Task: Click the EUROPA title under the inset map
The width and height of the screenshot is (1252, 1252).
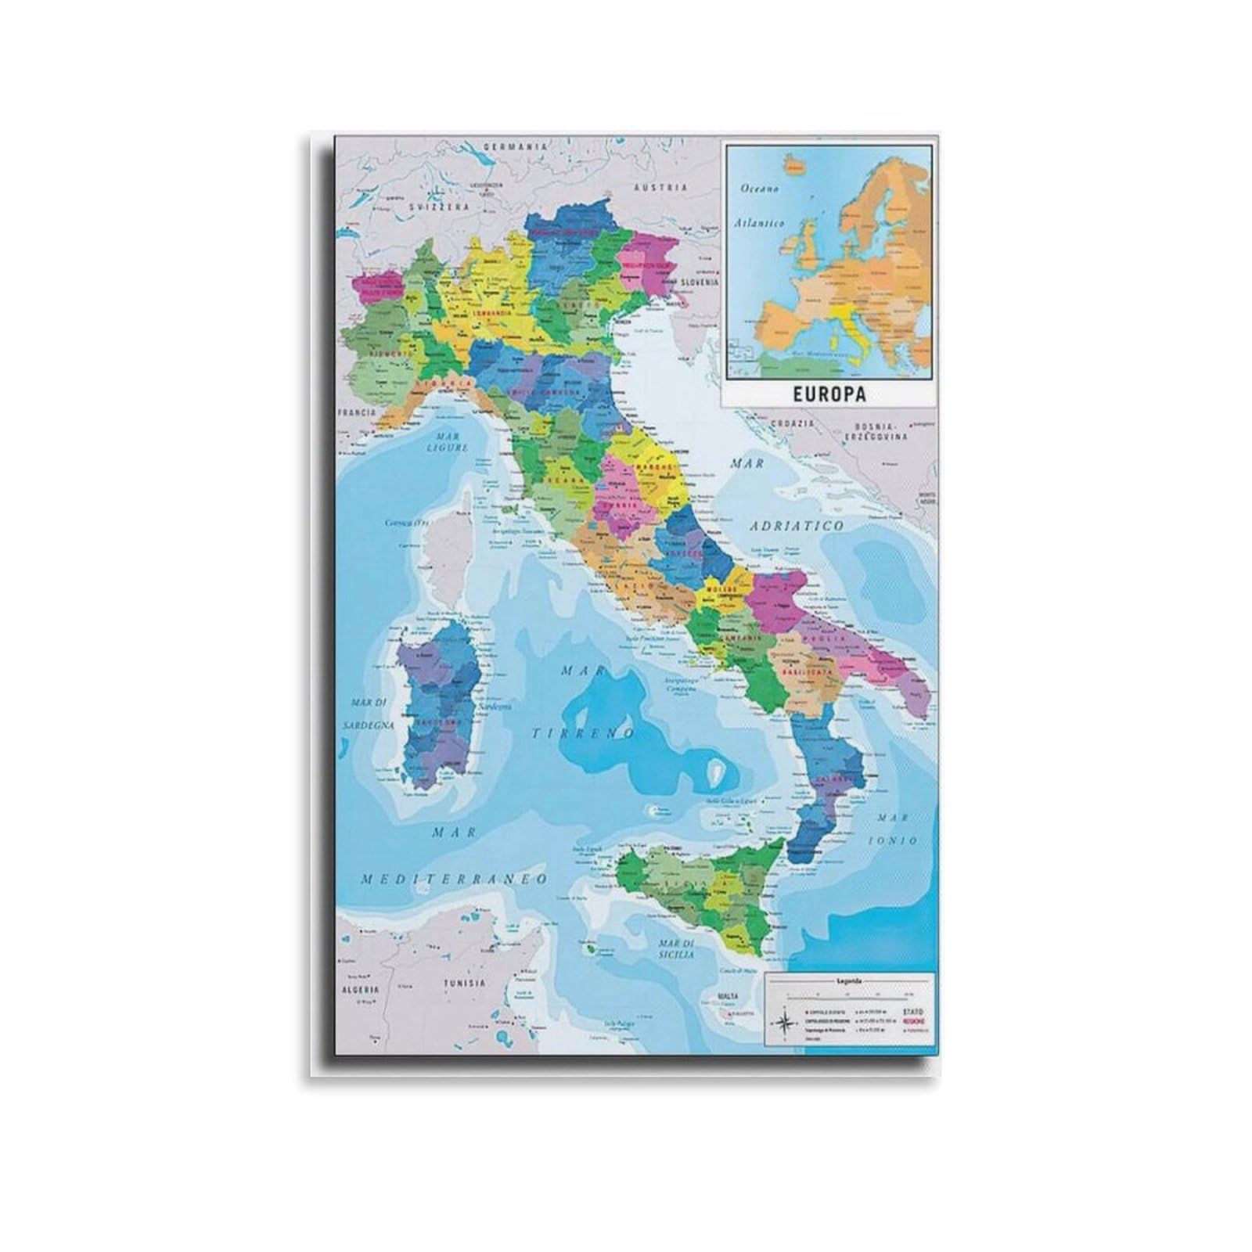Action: pos(829,394)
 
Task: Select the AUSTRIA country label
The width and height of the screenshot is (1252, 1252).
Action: pos(660,188)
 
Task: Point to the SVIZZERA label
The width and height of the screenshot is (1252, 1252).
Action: pos(441,207)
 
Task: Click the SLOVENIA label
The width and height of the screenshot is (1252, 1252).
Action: pos(699,282)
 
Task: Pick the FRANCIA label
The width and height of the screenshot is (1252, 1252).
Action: pos(356,412)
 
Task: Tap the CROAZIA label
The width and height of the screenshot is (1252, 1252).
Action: pos(793,423)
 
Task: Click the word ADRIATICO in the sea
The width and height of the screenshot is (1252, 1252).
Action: pos(797,526)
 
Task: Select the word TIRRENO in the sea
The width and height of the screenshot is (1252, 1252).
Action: pos(585,733)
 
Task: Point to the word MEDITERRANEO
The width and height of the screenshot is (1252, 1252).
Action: pos(454,880)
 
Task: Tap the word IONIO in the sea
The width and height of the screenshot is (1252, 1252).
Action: pos(895,840)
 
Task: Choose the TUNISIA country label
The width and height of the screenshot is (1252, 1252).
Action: pos(465,983)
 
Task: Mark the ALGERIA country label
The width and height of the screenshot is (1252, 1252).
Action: pos(359,990)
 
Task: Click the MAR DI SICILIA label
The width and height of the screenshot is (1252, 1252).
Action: pos(676,949)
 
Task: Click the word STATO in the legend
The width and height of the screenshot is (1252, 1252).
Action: pos(913,1012)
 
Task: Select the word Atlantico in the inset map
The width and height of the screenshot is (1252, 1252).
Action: pos(759,223)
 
